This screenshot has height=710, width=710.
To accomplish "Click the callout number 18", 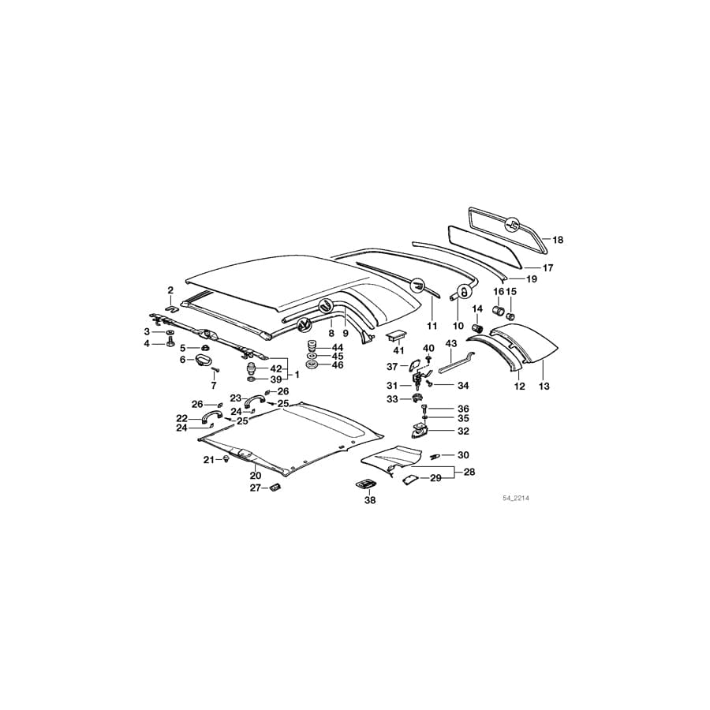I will coord(558,239).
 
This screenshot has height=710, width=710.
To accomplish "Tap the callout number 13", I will coord(544,387).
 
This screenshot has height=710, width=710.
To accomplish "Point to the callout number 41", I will coord(398,350).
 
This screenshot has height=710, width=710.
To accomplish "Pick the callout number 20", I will coord(255,476).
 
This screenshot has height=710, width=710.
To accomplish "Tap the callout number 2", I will coord(170,290).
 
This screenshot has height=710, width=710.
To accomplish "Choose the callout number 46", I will coord(338,365).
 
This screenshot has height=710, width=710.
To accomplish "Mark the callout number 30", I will coord(463,455).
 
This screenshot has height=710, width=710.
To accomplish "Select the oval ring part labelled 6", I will coord(203,361).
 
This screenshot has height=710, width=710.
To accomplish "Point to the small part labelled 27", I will coord(275,488).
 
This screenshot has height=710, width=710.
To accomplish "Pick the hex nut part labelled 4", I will coord(170,344).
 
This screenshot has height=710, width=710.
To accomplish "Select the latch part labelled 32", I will coord(420,431).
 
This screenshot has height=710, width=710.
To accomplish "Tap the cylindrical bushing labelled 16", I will coord(498,309).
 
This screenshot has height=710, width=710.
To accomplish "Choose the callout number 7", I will coord(213,386).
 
